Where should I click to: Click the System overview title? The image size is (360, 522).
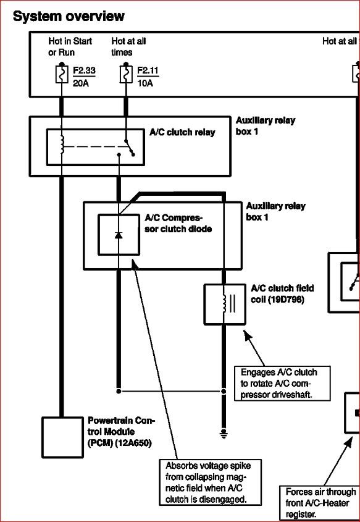coord(68,17)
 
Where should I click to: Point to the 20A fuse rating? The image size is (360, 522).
coord(80,83)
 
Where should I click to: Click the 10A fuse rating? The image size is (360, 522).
coord(144,83)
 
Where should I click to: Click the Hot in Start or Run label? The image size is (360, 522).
coord(70,47)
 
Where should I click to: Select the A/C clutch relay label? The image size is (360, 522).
coord(182,132)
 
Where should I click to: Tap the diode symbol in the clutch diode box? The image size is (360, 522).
coord(119,235)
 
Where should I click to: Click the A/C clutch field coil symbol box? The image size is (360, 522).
coord(225,304)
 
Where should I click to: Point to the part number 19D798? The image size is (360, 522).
coord(286,300)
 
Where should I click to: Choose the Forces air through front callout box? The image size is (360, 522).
coord(320,502)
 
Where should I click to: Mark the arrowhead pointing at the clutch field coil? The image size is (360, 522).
coord(248,335)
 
